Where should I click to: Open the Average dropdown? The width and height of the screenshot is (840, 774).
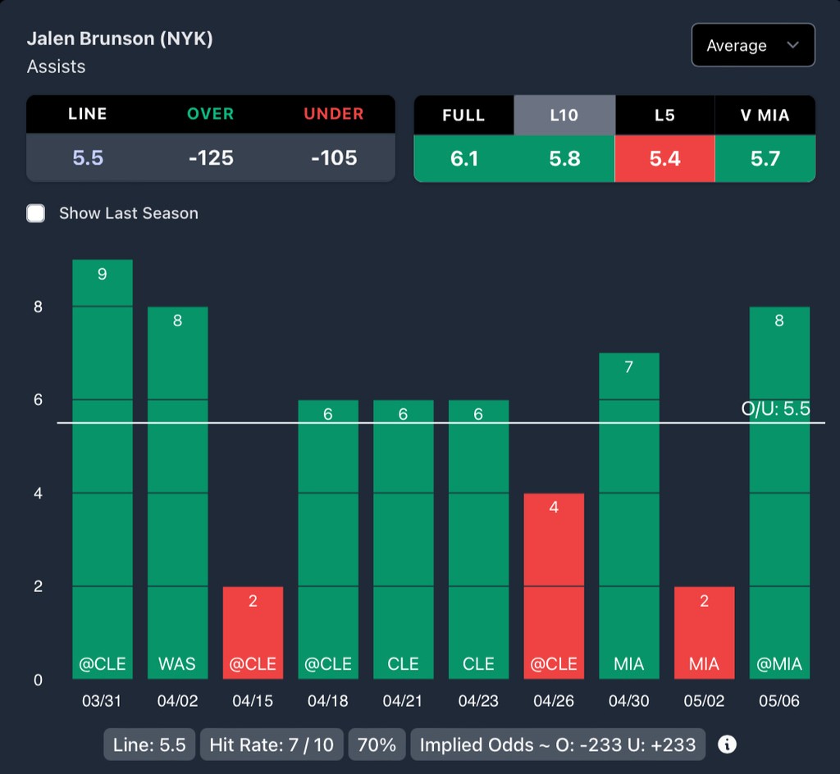(752, 45)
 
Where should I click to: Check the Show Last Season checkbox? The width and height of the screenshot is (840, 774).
(36, 213)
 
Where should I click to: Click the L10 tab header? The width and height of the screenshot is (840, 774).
(564, 115)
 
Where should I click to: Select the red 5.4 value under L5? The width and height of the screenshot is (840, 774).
(664, 157)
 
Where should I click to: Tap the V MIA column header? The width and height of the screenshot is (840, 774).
(765, 115)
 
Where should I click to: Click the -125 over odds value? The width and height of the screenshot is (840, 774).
(211, 157)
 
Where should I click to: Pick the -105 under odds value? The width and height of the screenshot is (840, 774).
(334, 157)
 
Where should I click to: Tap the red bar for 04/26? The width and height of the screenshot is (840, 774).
(554, 586)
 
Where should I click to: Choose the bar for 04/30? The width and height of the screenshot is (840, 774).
(629, 516)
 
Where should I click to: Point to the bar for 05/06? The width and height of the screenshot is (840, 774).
(779, 493)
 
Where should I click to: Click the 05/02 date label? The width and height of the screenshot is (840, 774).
(704, 701)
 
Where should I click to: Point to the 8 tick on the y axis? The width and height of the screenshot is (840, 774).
(38, 307)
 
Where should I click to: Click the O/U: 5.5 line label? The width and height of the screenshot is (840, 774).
(775, 408)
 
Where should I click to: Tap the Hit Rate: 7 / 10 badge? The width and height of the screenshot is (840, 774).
(272, 744)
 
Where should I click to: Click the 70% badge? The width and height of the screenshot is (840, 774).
(377, 744)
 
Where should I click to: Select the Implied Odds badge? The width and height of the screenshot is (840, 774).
(558, 744)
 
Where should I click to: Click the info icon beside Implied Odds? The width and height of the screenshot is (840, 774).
(727, 744)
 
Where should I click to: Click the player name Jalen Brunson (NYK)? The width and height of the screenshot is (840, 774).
(120, 39)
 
